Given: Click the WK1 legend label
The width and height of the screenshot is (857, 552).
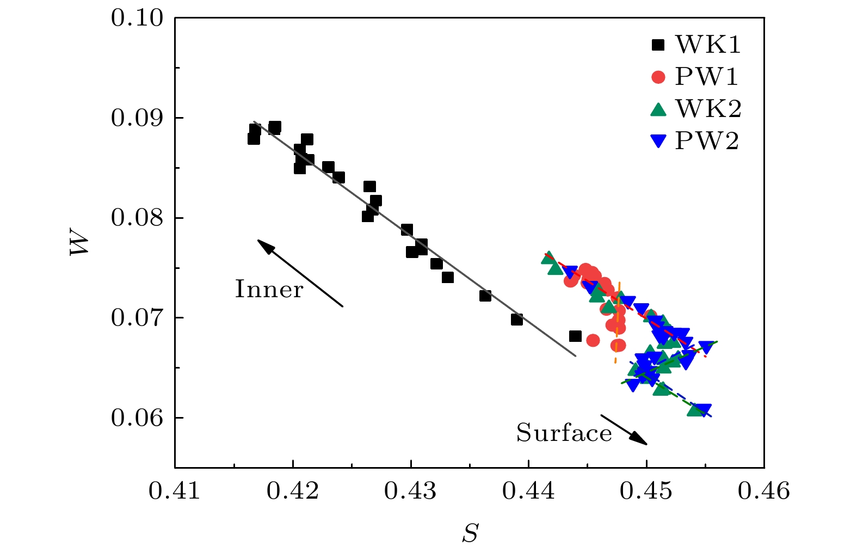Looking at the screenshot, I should click(x=708, y=45).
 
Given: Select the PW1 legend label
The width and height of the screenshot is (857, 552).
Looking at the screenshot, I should click(x=706, y=77).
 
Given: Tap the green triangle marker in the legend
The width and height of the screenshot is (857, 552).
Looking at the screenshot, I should click(x=658, y=109).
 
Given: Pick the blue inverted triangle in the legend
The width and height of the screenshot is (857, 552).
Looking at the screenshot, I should click(x=659, y=142).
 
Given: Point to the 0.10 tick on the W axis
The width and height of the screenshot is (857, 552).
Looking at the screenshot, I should click(x=137, y=18).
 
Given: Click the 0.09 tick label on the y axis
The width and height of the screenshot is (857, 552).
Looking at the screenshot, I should click(x=137, y=118).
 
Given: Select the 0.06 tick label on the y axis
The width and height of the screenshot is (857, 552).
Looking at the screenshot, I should click(x=137, y=418).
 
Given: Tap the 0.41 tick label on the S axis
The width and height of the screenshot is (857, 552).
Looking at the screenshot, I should click(x=175, y=491).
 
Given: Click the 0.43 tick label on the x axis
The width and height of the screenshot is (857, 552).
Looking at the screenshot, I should click(x=410, y=491).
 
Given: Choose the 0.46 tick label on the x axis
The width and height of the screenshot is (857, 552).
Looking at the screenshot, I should click(x=763, y=491).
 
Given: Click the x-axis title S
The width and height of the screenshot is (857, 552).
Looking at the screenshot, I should click(x=470, y=533).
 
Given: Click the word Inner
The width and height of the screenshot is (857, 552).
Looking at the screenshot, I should click(x=269, y=289).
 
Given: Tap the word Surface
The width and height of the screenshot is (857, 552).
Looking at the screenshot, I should click(x=564, y=433).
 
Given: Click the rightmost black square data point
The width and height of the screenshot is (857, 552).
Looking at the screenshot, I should click(x=575, y=336).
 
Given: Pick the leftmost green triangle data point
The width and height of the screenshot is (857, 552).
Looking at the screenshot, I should click(x=548, y=258).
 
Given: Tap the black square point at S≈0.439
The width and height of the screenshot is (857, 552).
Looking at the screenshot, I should click(x=517, y=320).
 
